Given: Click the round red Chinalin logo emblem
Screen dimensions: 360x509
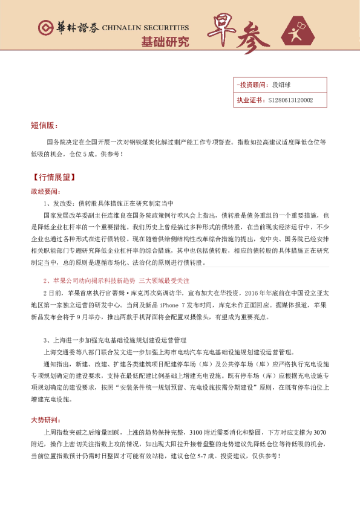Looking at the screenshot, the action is (44, 28).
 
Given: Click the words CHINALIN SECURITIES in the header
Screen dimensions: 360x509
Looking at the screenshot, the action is (145, 28).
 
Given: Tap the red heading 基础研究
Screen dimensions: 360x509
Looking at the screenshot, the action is (165, 42).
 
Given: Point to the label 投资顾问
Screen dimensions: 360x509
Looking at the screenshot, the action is (251, 86).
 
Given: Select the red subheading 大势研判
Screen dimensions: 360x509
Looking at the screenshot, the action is (45, 420).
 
